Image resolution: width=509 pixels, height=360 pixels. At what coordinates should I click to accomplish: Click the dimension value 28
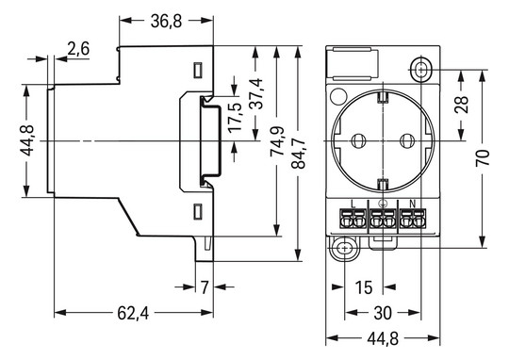(461, 104)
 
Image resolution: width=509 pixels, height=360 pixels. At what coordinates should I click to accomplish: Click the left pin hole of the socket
(358, 140)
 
